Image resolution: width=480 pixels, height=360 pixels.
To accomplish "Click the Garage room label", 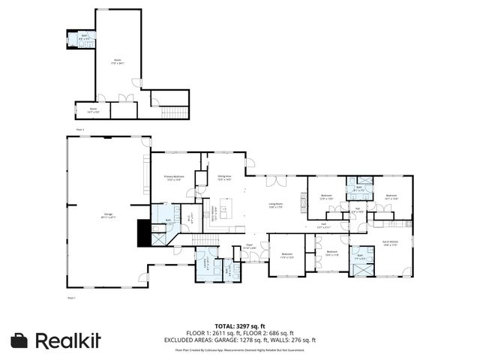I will click(108, 216).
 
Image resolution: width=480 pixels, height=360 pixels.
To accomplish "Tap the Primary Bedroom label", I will click(174, 178).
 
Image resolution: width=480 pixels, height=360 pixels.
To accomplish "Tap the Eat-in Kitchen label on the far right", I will click(390, 243).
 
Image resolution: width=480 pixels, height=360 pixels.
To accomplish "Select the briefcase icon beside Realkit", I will click(21, 340).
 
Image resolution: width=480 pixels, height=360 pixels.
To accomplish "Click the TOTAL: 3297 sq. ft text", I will click(239, 327).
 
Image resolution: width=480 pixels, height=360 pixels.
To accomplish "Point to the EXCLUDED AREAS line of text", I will click(239, 340).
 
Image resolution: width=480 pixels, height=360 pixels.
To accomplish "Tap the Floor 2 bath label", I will click(84, 36).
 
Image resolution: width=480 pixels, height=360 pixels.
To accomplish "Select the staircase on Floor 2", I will click(174, 112).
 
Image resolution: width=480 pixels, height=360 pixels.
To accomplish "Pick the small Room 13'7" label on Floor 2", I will click(94, 110).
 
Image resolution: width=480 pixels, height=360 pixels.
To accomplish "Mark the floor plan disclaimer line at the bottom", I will click(239, 350).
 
